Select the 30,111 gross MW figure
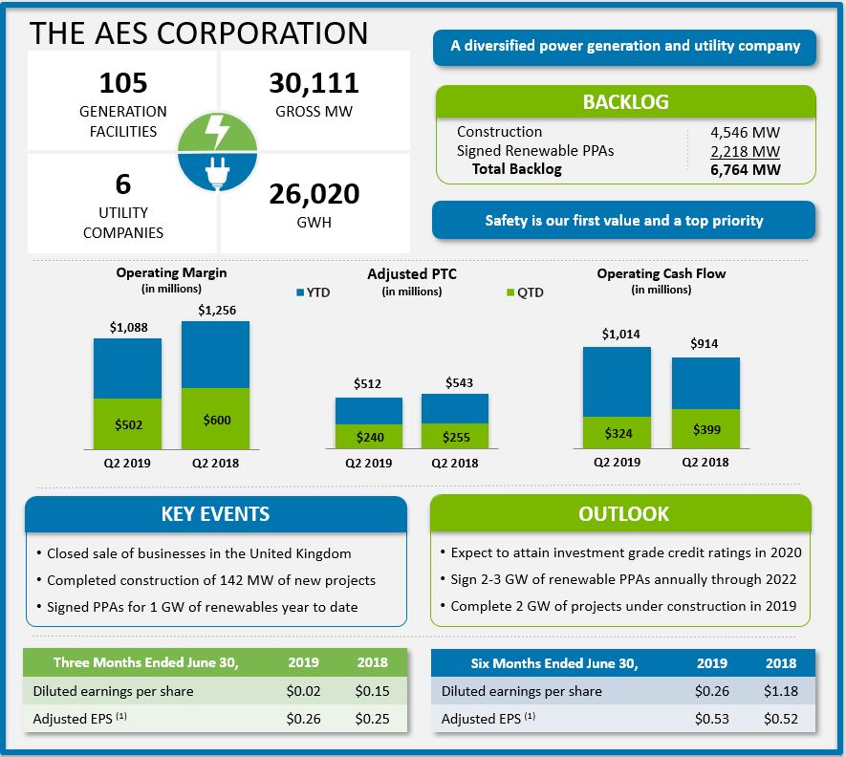point(314,83)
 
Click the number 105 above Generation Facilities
point(122,83)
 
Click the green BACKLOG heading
point(625,102)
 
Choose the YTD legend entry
point(313,292)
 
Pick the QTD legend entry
point(524,292)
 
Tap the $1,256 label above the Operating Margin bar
point(216,310)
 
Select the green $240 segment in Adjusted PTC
point(369,437)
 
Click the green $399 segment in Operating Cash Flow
point(705,429)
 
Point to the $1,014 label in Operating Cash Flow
point(617,335)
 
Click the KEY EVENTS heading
point(215,514)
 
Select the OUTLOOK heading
point(623,514)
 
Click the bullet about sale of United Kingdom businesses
point(199,553)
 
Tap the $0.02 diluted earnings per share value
point(303,691)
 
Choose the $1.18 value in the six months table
point(780,691)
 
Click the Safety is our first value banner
point(623,220)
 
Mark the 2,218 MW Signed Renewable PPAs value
point(745,151)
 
